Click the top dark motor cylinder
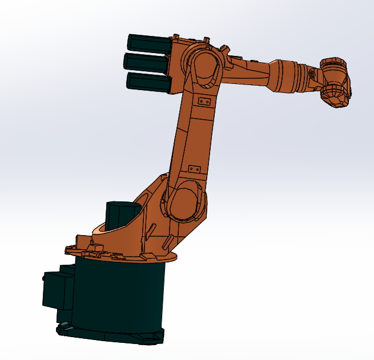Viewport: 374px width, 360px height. (148, 43)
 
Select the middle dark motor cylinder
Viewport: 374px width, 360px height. (147, 62)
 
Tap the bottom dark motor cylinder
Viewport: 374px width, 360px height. (148, 81)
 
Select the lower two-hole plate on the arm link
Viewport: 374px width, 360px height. (194, 169)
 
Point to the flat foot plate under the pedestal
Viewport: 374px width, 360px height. (108, 335)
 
